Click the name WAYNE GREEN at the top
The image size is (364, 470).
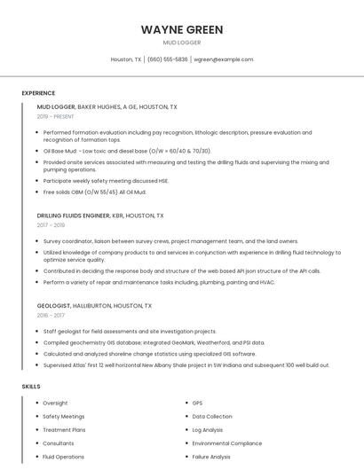[x=182, y=29]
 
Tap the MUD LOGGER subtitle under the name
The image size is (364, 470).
[x=182, y=43]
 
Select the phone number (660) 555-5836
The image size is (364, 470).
[x=168, y=59]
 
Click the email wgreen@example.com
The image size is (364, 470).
[x=224, y=59]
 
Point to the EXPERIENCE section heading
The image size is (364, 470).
[x=38, y=93]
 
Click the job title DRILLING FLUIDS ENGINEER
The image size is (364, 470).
[x=74, y=215]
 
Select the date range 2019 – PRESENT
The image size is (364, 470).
[x=56, y=116]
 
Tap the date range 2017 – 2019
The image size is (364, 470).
[x=51, y=225]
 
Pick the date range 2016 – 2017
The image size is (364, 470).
[x=51, y=315]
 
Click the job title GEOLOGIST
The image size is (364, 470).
[x=56, y=305]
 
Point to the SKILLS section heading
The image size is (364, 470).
[x=31, y=387]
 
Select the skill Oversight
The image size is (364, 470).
[x=55, y=403]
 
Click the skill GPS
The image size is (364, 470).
[x=197, y=403]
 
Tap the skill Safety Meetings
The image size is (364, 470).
[x=64, y=417]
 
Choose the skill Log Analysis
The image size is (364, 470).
[x=208, y=430]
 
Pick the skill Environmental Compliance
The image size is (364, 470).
[x=227, y=443]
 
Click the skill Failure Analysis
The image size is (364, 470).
[x=211, y=457]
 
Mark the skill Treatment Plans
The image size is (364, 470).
[x=64, y=430]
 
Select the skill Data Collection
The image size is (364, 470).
[x=212, y=417]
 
